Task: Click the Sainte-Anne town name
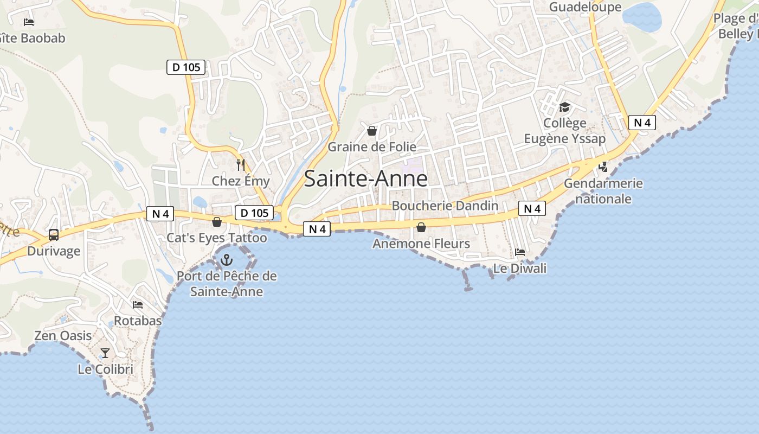(x=365, y=178)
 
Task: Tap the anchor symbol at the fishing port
(x=226, y=260)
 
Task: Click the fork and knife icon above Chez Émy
(x=241, y=164)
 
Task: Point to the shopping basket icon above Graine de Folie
(x=372, y=131)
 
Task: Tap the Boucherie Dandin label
(x=445, y=206)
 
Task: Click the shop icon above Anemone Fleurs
(x=421, y=227)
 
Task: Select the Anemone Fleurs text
(x=421, y=244)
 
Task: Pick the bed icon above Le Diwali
(x=520, y=252)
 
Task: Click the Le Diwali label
(x=520, y=269)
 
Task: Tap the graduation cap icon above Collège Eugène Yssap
(x=564, y=107)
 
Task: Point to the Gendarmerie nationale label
(x=603, y=191)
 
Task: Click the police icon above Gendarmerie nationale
(x=603, y=167)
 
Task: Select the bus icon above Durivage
(x=54, y=235)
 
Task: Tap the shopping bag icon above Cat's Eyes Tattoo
(x=217, y=222)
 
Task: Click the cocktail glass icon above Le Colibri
(x=105, y=353)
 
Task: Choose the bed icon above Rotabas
(x=138, y=305)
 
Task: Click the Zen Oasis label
(x=63, y=336)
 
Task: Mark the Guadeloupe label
(x=586, y=7)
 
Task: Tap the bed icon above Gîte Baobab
(x=29, y=22)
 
